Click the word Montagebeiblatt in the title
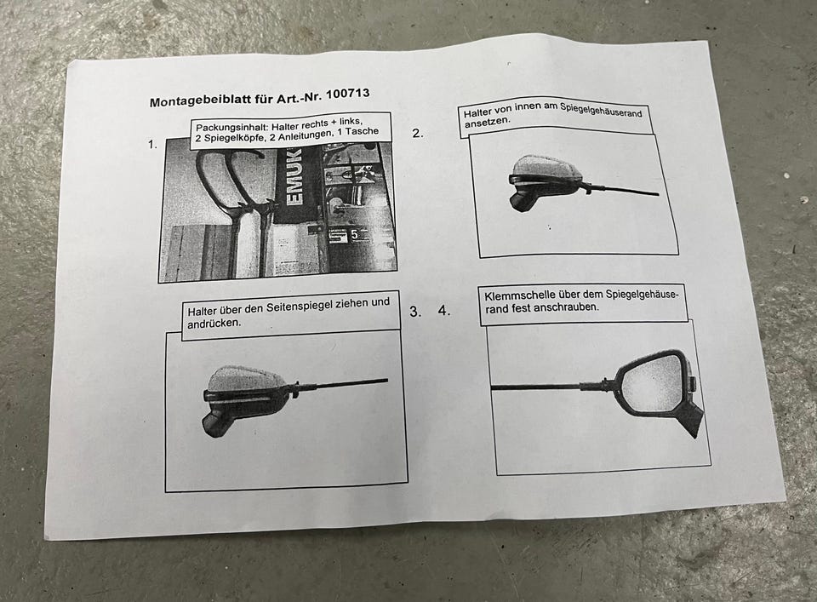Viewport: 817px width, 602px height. click(201, 100)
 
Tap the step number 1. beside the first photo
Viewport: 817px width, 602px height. click(152, 145)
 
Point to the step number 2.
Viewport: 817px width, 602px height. click(418, 133)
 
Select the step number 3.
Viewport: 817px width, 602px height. click(415, 312)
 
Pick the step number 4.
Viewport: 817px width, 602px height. click(444, 311)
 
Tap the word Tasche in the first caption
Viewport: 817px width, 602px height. click(362, 131)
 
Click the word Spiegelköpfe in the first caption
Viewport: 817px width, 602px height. click(236, 138)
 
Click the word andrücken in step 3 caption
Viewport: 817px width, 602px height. click(214, 324)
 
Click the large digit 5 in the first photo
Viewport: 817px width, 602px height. click(354, 235)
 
